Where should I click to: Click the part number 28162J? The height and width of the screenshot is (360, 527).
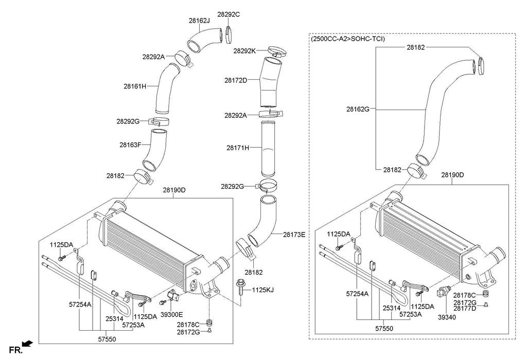point(199,21)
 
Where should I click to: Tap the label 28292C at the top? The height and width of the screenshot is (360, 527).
point(229,14)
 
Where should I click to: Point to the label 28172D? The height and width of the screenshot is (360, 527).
point(236,80)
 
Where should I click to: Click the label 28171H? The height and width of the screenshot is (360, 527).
point(238,148)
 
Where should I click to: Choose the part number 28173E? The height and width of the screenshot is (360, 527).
point(294,235)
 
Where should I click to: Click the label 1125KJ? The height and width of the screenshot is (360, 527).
point(262,290)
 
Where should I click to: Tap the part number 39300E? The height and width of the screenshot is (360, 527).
point(171,315)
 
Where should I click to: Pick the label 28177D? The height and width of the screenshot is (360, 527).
point(465,309)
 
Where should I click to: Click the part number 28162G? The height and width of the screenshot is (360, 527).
point(358,109)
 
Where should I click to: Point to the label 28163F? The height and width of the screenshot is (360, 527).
point(131,145)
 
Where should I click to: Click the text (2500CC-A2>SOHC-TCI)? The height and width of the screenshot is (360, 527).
point(348,39)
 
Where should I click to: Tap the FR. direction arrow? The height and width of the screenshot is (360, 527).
point(28,343)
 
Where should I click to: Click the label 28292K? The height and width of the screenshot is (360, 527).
point(244,51)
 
